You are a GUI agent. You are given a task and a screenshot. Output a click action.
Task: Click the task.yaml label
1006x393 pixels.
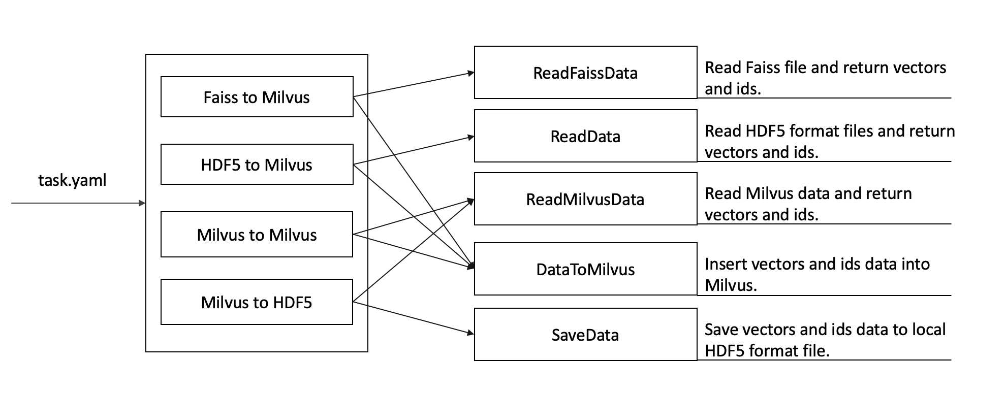[72, 180]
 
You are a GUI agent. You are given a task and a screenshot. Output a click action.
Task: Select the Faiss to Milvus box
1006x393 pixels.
[257, 97]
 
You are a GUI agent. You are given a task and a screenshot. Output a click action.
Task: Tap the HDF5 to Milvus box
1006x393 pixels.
[257, 165]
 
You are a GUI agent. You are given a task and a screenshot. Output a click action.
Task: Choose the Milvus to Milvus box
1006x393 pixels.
[257, 235]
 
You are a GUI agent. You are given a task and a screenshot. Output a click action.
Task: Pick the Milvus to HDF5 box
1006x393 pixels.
[257, 302]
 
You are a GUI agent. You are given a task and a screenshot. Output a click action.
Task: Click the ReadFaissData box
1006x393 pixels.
[585, 73]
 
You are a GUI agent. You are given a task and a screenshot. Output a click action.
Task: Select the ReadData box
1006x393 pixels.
[585, 136]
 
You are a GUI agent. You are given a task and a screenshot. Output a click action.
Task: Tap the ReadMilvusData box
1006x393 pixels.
[585, 199]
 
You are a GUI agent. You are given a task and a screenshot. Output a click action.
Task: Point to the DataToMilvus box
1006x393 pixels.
[585, 269]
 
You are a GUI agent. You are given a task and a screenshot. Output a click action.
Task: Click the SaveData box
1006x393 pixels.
[585, 335]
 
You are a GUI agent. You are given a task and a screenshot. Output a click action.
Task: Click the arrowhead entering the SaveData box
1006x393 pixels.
[470, 333]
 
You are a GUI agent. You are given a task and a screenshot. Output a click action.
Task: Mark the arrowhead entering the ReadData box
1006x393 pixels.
[470, 137]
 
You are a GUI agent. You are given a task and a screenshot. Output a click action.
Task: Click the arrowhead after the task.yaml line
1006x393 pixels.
[142, 203]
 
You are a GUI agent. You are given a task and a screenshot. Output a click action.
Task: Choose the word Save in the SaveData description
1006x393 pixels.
[721, 330]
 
